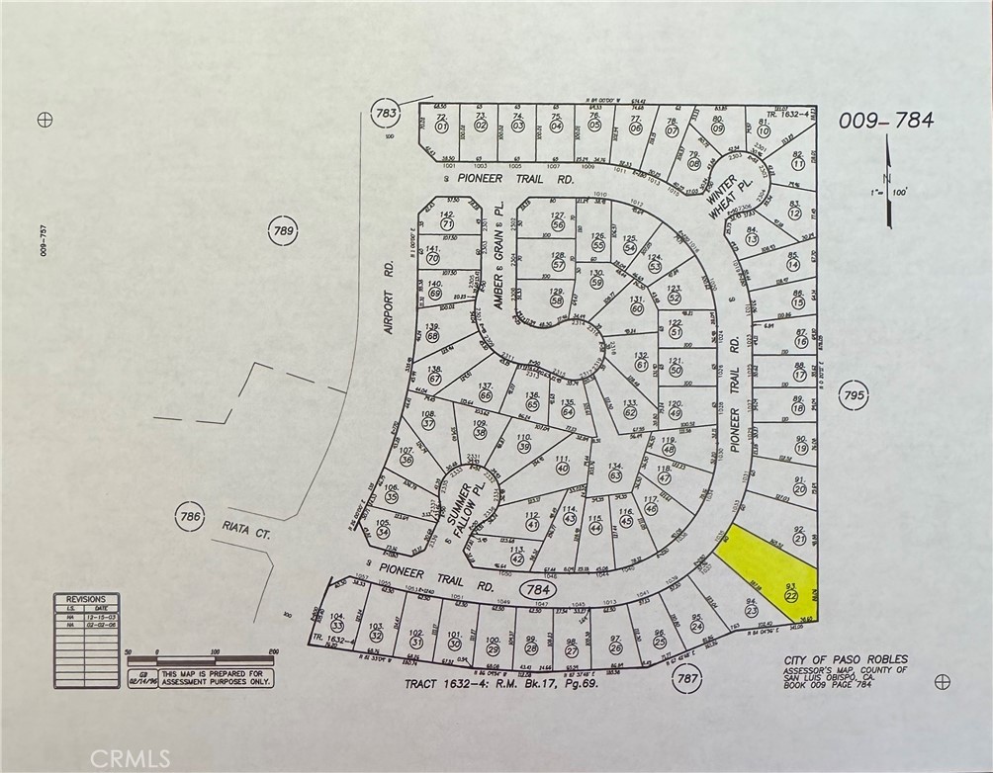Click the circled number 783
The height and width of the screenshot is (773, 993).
(x=386, y=114)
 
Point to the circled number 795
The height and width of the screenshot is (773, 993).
(x=855, y=395)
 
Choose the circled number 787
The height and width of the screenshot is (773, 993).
(x=686, y=679)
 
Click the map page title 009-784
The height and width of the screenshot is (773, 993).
(x=885, y=122)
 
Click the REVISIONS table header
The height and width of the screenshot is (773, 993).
(x=85, y=599)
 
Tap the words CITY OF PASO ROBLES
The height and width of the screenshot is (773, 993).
(x=845, y=659)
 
